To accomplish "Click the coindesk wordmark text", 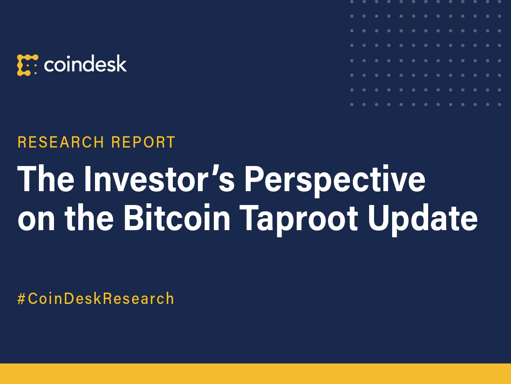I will (x=85, y=64).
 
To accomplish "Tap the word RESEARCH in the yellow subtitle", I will (x=61, y=143).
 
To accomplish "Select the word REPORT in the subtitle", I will (x=143, y=143).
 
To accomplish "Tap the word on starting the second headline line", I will (x=35, y=219).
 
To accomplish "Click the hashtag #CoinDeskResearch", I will (x=96, y=299).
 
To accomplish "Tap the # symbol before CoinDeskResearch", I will (x=22, y=299).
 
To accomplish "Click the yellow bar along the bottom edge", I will (x=255, y=374).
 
